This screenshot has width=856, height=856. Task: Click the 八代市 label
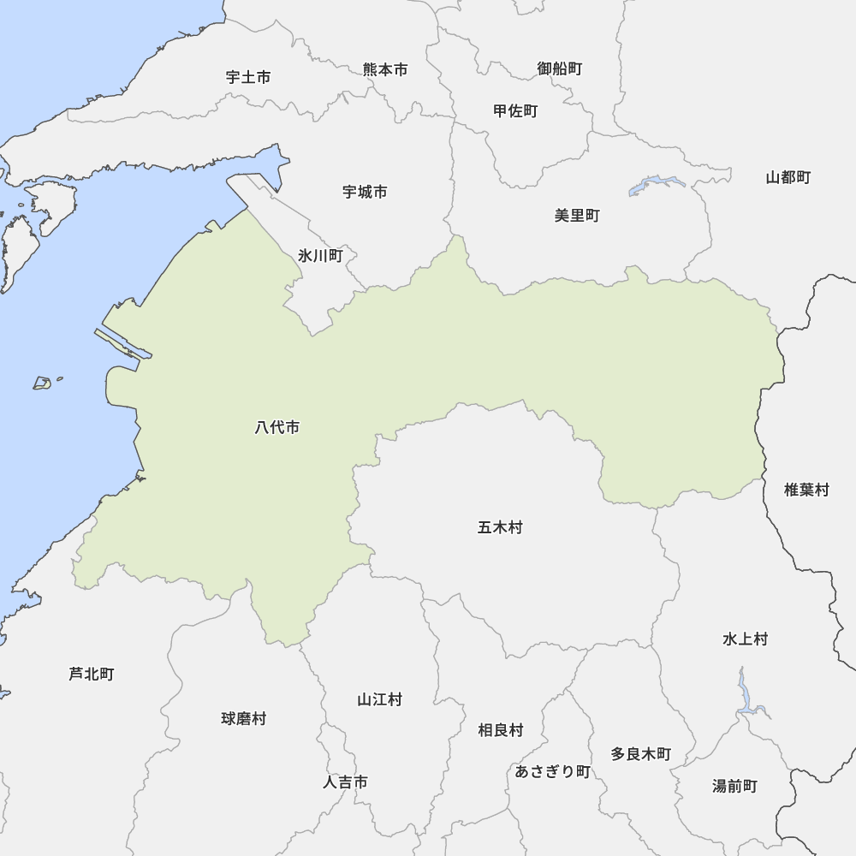(x=277, y=427)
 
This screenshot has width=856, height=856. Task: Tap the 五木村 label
(x=500, y=527)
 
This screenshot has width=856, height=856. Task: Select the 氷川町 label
(x=320, y=255)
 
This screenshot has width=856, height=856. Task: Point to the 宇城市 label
(x=365, y=192)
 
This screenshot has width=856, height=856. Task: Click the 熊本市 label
(x=385, y=69)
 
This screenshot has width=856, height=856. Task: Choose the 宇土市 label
(x=248, y=77)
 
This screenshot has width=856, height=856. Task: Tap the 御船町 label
(x=560, y=68)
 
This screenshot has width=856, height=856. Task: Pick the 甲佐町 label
(x=515, y=110)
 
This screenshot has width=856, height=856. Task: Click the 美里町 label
(x=577, y=215)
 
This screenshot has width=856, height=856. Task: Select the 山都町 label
(x=788, y=177)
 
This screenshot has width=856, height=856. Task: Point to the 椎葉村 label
(x=806, y=490)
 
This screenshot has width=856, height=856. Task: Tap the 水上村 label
(x=745, y=639)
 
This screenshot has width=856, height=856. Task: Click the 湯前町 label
(x=734, y=785)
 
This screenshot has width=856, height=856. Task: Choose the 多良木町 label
(x=640, y=753)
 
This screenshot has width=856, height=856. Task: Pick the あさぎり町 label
(x=552, y=771)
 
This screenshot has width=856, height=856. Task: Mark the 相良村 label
(x=500, y=729)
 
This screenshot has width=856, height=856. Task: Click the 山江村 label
(x=379, y=699)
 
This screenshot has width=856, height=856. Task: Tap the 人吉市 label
(x=346, y=782)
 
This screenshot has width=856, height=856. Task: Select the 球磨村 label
(x=243, y=718)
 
